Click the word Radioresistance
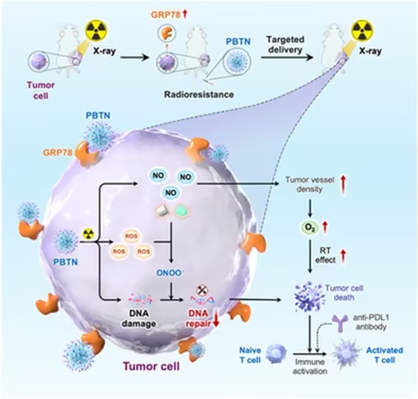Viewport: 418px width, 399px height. click(199, 94)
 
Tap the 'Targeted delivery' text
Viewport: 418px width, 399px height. click(285, 44)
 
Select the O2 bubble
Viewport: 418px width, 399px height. click(309, 228)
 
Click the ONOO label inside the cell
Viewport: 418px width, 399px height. click(169, 273)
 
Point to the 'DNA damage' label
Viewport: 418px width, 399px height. click(139, 319)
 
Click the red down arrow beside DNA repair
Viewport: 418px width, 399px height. click(216, 320)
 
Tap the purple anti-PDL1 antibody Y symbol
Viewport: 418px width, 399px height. click(339, 323)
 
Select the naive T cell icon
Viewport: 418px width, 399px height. click(276, 354)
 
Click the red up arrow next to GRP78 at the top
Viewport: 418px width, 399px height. click(185, 14)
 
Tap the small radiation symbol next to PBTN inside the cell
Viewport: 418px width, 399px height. click(88, 234)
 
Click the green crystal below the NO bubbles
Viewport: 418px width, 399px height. click(181, 211)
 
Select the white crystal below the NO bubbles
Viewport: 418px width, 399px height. click(163, 211)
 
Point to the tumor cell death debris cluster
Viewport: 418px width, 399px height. click(309, 297)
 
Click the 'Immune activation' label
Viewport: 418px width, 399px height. click(310, 366)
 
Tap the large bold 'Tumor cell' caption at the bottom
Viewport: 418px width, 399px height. click(152, 366)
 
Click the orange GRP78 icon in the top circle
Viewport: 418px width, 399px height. click(166, 33)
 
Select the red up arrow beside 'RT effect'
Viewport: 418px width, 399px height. click(343, 256)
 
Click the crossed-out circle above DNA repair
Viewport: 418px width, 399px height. click(202, 290)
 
